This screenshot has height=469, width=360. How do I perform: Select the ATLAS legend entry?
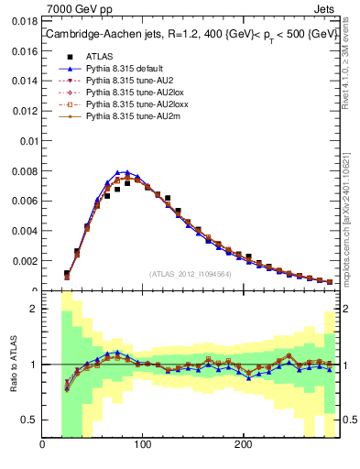[98, 56]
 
